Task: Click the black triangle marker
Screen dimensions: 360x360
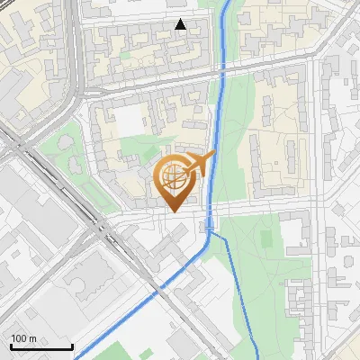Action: (181, 25)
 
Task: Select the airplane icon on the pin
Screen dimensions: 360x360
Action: (202, 164)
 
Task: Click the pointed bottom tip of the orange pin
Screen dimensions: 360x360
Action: (173, 211)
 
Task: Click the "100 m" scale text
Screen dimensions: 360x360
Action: (23, 338)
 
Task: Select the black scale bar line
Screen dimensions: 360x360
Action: (41, 347)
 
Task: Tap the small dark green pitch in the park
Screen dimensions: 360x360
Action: (265, 238)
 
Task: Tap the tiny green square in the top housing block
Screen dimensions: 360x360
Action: (123, 54)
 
